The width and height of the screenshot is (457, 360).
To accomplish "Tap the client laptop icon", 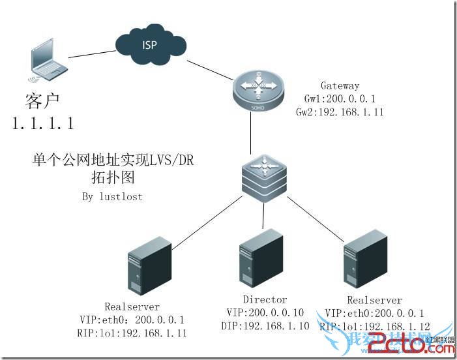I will pos(46,63).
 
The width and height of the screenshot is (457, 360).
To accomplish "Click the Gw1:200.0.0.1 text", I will pos(338,98).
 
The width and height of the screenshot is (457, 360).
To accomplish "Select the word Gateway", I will pos(340,86).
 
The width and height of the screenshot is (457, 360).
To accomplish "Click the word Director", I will pos(265,300).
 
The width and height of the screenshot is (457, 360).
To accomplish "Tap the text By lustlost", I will pos(113,196).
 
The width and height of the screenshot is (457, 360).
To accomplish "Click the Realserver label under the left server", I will pos(131,307).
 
